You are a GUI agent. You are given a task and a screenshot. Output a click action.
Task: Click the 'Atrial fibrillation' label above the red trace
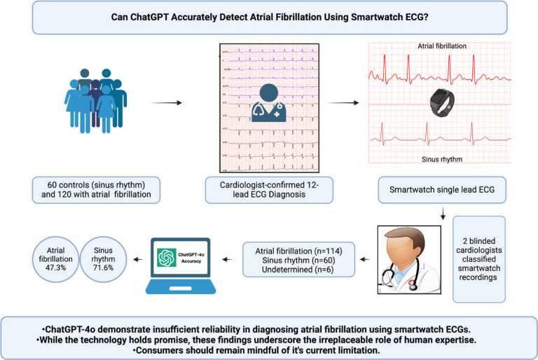coord(442,47)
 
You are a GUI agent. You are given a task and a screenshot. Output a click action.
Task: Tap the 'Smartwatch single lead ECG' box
coord(443,190)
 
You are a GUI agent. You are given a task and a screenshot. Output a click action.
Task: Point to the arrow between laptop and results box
coord(229,258)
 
